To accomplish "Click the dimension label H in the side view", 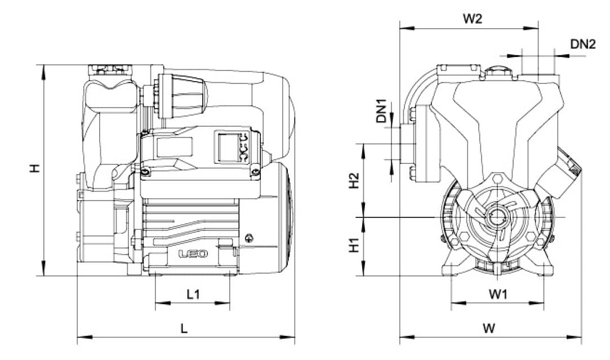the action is [35, 168].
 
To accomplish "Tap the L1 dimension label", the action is [193, 294].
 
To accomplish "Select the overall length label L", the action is [184, 328].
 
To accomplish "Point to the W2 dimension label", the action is [472, 18].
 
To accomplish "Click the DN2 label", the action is [583, 44].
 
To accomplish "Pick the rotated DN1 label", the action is [382, 112].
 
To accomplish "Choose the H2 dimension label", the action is [354, 180].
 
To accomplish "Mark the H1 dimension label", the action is [354, 245].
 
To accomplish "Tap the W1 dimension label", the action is [498, 294].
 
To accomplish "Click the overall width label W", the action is [489, 328].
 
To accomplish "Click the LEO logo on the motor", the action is [193, 254].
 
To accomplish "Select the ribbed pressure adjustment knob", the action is [182, 96].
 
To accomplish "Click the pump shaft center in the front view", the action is [497, 217].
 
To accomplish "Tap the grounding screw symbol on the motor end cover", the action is [250, 238].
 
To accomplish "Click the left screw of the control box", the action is [145, 172].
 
